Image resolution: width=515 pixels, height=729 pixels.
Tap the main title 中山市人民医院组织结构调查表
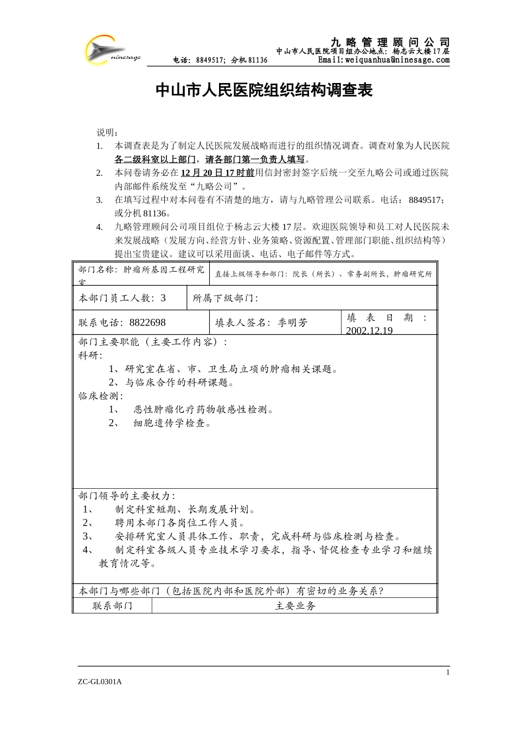click(264, 91)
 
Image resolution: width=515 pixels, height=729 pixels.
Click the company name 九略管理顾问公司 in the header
click(390, 42)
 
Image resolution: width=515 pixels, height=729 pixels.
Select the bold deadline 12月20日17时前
click(217, 173)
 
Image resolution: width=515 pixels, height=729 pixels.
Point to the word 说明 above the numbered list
click(106, 132)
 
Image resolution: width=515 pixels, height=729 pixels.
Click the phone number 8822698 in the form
click(147, 323)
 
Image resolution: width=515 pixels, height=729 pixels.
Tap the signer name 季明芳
click(293, 323)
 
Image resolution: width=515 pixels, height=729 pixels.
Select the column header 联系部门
click(112, 605)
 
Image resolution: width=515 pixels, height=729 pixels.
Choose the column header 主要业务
click(295, 605)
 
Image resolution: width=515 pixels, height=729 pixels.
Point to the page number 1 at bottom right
click(448, 673)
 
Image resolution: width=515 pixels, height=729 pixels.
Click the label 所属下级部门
click(225, 298)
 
